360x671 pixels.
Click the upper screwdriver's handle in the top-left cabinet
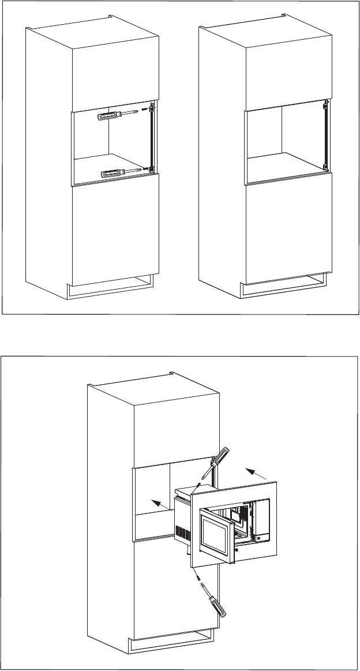[108, 116]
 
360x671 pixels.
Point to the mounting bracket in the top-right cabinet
[325, 136]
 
